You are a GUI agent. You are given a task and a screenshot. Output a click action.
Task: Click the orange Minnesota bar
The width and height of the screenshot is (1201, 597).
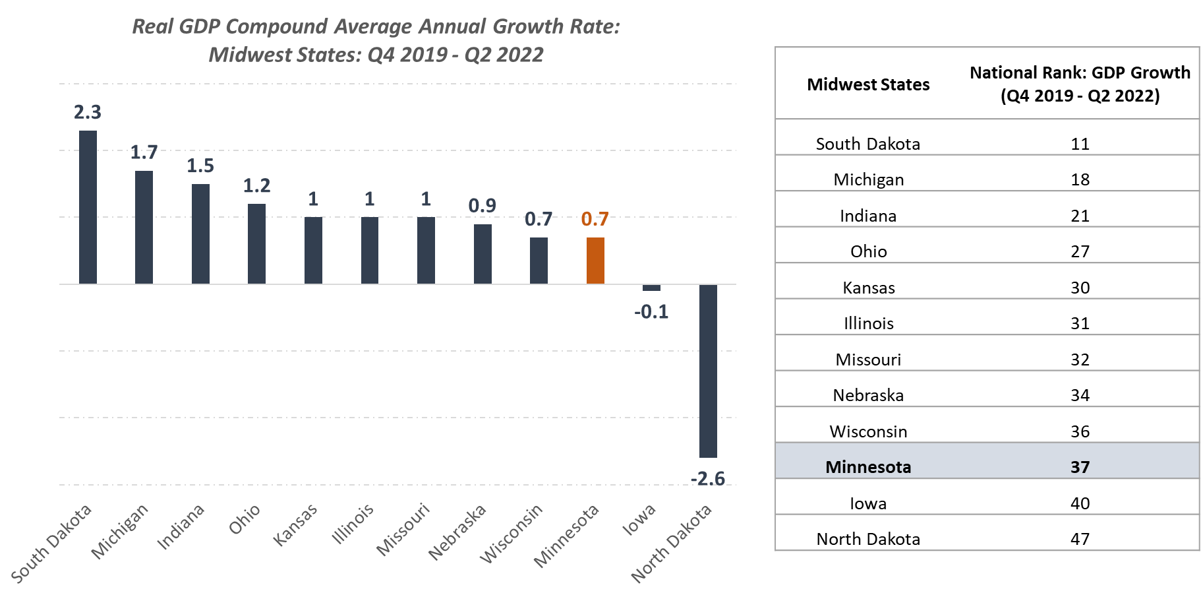[595, 261]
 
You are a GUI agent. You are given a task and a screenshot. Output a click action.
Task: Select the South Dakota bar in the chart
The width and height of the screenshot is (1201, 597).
[88, 207]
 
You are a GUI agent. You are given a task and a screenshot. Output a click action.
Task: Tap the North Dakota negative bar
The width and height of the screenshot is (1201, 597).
[708, 371]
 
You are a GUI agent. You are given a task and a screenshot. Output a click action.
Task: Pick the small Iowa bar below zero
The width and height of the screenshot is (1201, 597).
[651, 288]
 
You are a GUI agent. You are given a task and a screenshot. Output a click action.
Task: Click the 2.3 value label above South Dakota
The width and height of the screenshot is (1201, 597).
[88, 113]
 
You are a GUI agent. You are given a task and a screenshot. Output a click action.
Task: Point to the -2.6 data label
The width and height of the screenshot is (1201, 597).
[708, 478]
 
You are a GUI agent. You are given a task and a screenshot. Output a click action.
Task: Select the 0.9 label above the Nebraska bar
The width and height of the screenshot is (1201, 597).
[482, 206]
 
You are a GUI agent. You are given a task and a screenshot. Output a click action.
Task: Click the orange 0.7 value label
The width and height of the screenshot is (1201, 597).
[595, 220]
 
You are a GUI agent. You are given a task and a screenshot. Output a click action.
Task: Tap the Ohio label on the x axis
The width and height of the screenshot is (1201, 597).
[245, 519]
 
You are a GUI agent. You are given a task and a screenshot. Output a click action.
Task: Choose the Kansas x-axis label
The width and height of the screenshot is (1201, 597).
[295, 524]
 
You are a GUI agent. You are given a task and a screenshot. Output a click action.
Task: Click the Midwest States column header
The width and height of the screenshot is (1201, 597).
[868, 85]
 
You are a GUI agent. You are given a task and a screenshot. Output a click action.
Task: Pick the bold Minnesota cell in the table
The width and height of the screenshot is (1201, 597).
[868, 467]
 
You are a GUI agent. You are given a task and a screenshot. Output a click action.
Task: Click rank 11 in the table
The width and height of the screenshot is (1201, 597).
[1080, 144]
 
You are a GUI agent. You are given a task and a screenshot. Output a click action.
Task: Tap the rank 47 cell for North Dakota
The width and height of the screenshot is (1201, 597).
[1080, 539]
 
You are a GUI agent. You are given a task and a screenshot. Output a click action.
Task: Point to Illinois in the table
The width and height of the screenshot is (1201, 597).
[868, 323]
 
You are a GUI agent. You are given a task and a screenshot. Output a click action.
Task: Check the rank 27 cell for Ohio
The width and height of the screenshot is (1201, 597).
[1080, 251]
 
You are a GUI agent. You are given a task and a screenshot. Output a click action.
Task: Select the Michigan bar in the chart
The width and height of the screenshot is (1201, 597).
[144, 228]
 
